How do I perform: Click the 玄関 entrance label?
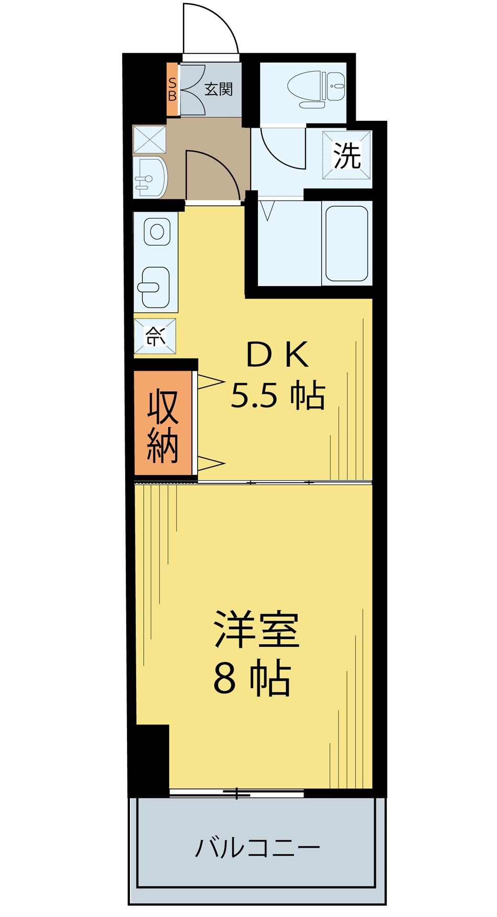pos(219,89)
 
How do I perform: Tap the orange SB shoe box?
pos(172,89)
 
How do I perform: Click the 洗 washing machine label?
pos(347,156)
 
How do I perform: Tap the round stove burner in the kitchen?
pos(157,232)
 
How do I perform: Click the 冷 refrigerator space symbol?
pos(155,337)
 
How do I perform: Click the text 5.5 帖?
pos(277,395)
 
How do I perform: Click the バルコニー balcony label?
pos(257,848)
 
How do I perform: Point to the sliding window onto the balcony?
pos(237,793)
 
